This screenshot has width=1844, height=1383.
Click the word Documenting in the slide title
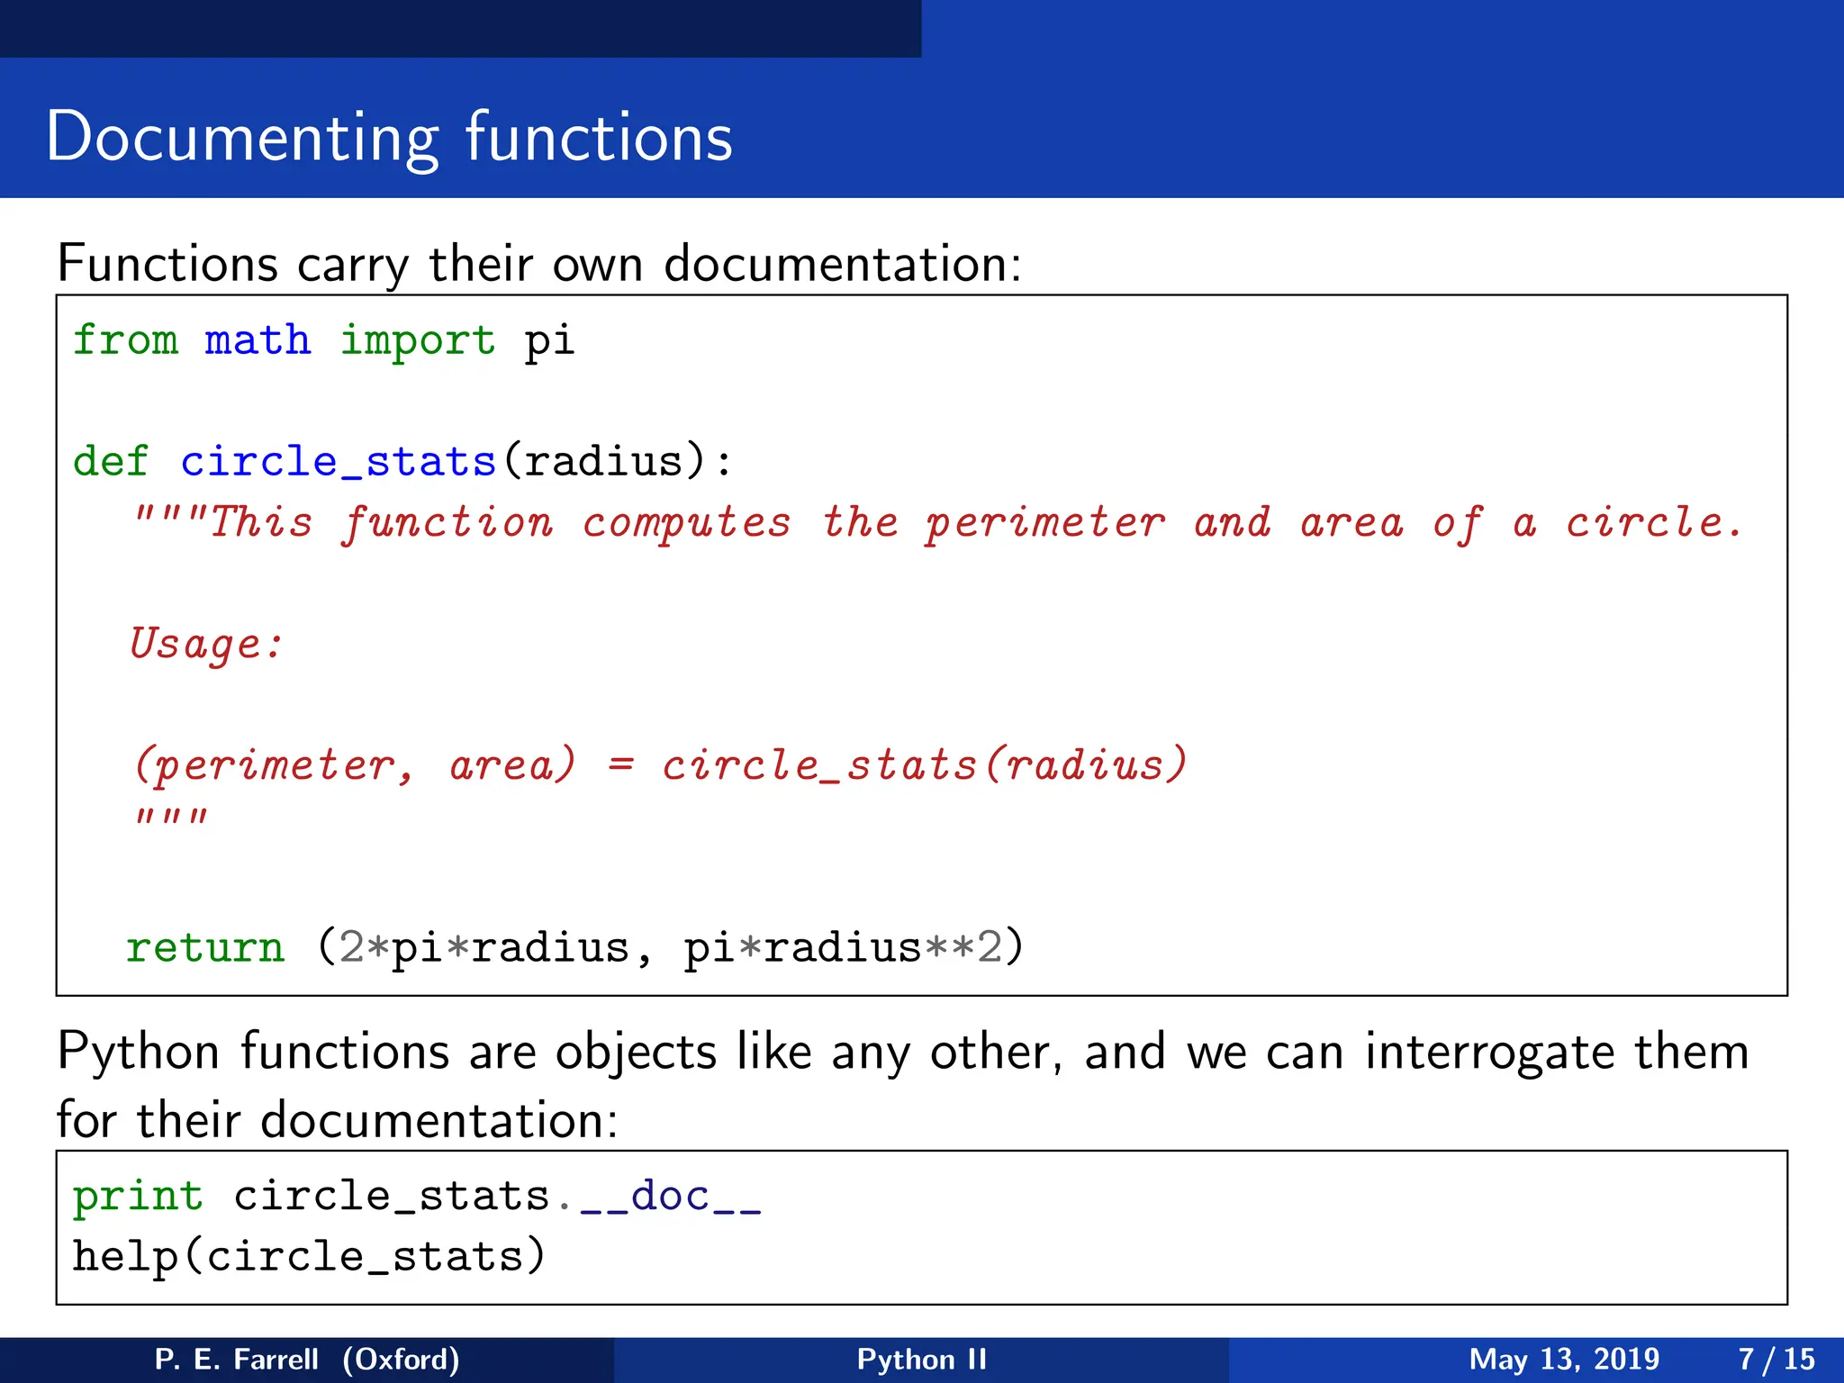[x=242, y=138]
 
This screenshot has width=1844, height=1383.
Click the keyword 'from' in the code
[x=125, y=340]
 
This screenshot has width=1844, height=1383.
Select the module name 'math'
[x=258, y=340]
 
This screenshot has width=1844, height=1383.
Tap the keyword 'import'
[x=417, y=340]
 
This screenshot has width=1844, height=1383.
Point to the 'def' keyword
[x=110, y=461]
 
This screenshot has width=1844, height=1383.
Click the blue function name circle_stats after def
[x=339, y=461]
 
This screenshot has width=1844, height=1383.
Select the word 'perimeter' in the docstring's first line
[x=1045, y=522]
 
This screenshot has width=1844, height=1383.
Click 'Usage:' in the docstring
[x=206, y=644]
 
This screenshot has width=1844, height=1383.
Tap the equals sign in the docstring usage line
[x=620, y=765]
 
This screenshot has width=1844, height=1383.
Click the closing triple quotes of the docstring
[x=171, y=818]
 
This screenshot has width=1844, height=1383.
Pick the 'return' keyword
[x=205, y=947]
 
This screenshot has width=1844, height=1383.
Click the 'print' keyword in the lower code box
[x=138, y=1197]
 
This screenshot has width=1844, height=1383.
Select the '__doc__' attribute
[x=671, y=1197]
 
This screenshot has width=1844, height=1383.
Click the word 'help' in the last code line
[x=125, y=1256]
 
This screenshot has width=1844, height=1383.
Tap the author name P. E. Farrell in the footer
[x=236, y=1359]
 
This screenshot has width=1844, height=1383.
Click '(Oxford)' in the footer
[x=401, y=1359]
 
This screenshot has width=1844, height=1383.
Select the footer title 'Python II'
[x=921, y=1359]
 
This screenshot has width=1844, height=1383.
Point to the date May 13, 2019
[x=1564, y=1359]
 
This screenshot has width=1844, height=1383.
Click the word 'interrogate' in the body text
[x=1489, y=1052]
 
